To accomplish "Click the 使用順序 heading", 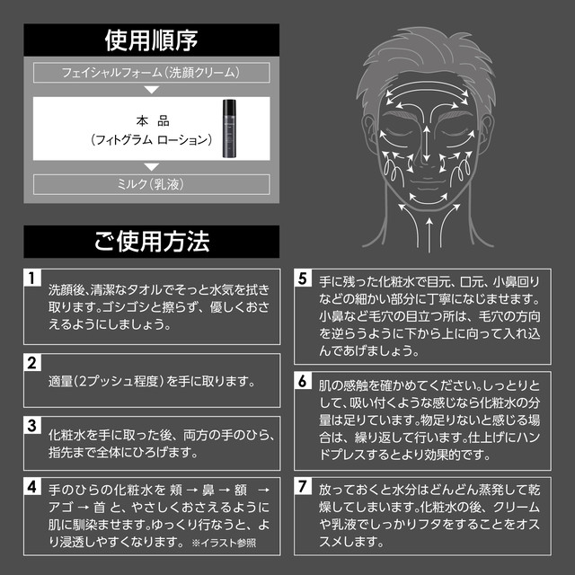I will click(x=151, y=40).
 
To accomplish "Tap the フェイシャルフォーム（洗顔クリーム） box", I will click(x=151, y=70).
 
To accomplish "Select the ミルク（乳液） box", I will click(x=151, y=183).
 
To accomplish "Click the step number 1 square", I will click(x=32, y=278).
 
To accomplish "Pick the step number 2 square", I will click(x=32, y=364).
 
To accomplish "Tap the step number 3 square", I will click(x=32, y=425).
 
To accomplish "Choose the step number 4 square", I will click(x=32, y=488).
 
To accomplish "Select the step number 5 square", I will click(x=303, y=278).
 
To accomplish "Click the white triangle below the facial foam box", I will click(x=151, y=89).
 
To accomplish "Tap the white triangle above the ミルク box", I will click(x=151, y=165).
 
